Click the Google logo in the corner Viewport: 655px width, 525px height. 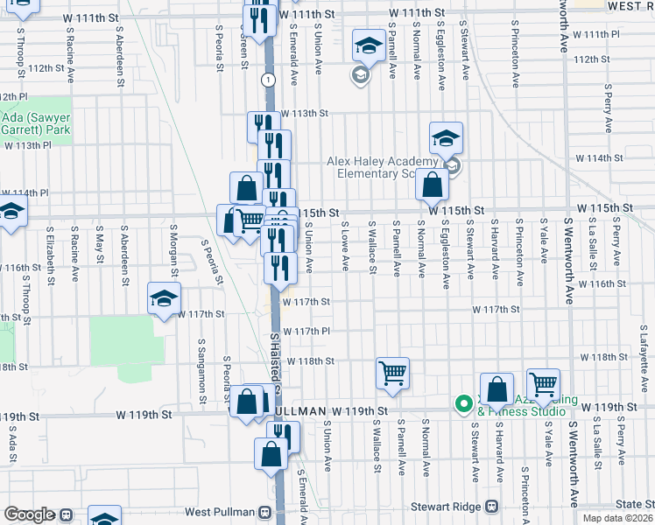coord(29,514)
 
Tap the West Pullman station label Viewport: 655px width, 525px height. coord(219,511)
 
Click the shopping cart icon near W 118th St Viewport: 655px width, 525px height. coord(392,373)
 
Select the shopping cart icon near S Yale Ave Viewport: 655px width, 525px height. coord(543,383)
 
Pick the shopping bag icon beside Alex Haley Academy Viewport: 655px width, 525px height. coord(432,185)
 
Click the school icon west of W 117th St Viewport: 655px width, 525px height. coord(164,299)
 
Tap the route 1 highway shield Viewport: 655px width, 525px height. coord(268,80)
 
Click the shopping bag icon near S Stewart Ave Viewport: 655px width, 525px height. coord(497,389)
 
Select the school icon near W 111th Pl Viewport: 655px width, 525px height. coord(369,45)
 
